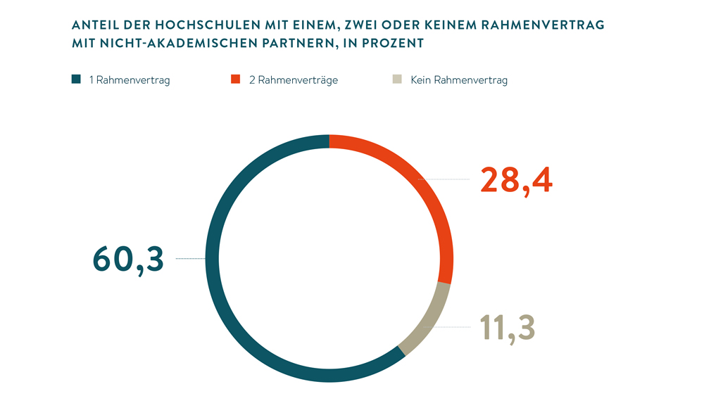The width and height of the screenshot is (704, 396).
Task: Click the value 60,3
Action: pyautogui.click(x=129, y=259)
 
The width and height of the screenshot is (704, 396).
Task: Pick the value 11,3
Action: pyautogui.click(x=508, y=328)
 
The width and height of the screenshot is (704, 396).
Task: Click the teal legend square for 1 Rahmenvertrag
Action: pyautogui.click(x=76, y=79)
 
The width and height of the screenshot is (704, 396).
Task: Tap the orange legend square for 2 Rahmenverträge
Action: pyautogui.click(x=237, y=79)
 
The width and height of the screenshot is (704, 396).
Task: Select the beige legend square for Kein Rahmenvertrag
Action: pyautogui.click(x=398, y=79)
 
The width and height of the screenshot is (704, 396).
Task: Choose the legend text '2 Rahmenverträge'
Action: pyautogui.click(x=293, y=80)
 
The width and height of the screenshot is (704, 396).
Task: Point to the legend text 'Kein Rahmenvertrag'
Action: pyautogui.click(x=458, y=80)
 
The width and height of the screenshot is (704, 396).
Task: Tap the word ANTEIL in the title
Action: pyautogui.click(x=95, y=25)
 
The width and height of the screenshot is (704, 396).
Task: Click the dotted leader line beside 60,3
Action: pyautogui.click(x=190, y=259)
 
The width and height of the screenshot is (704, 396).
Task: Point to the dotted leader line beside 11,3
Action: pyautogui.click(x=458, y=328)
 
